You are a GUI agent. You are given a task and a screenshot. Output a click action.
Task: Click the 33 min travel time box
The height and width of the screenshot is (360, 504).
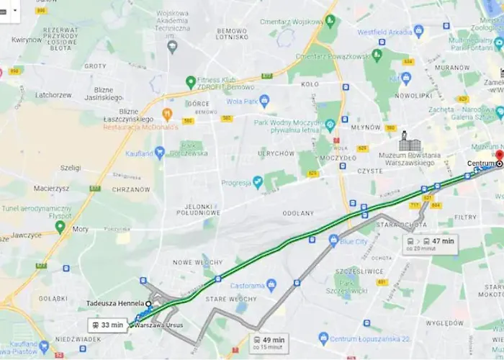click(107, 325)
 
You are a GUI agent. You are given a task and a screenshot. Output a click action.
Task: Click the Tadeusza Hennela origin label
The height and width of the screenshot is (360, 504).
click(115, 304)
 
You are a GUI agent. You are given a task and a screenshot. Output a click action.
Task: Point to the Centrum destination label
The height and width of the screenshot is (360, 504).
click(480, 164)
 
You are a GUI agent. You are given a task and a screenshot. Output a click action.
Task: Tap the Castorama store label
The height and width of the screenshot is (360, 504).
click(248, 286)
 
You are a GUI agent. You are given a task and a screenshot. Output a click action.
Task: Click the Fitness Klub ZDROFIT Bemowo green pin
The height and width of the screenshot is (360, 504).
click(191, 82)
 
